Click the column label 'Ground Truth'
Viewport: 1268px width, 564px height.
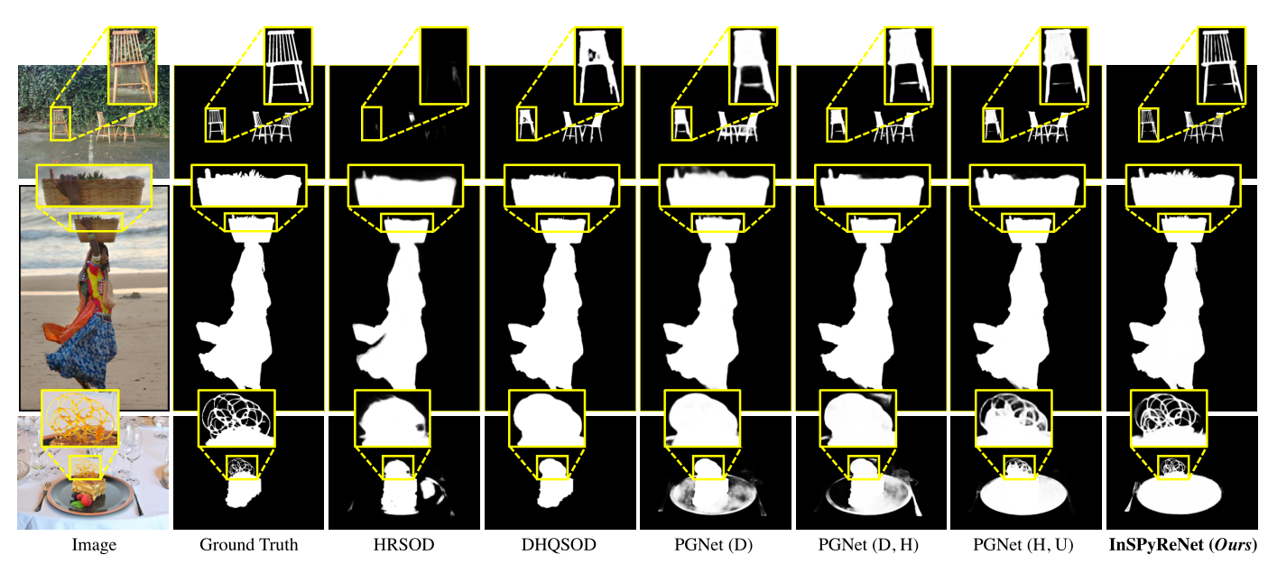[x=248, y=545]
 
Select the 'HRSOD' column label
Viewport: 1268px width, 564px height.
[x=404, y=545]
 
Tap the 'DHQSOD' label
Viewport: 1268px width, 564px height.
[x=560, y=545]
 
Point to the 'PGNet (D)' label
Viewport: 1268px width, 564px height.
[x=716, y=545]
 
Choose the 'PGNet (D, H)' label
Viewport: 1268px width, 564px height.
[x=872, y=545]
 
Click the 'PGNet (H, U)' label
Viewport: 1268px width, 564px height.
[x=1027, y=545]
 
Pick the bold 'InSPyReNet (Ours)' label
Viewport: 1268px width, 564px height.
[x=1183, y=545]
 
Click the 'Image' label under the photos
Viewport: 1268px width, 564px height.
[x=93, y=545]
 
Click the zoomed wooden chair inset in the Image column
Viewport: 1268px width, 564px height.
[x=132, y=65]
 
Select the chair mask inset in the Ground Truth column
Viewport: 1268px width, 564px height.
[x=288, y=65]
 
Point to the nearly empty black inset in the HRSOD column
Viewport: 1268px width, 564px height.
[x=444, y=65]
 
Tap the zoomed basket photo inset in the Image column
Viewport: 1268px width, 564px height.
[x=91, y=190]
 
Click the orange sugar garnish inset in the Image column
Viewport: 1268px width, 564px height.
[x=80, y=418]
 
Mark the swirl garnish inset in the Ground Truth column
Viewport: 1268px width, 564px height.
[x=236, y=418]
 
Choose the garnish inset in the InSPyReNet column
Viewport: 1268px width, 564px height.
[x=1169, y=418]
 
